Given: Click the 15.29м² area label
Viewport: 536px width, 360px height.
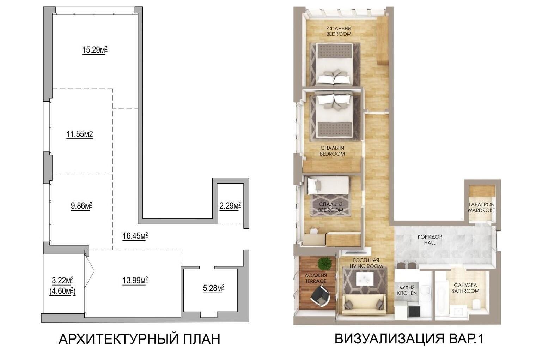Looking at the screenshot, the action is pyautogui.click(x=95, y=50).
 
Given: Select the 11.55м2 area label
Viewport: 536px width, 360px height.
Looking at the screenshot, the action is pyautogui.click(x=80, y=134).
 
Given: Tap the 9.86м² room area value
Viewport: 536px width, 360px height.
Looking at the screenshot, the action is pyautogui.click(x=81, y=206).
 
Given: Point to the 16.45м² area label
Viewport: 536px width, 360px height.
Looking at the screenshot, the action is pyautogui.click(x=135, y=236).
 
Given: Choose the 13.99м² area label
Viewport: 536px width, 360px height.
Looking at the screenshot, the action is pyautogui.click(x=135, y=280).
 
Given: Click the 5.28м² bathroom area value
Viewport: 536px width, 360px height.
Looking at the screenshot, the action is pyautogui.click(x=214, y=288).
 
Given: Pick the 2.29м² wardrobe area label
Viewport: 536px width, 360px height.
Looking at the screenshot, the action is pyautogui.click(x=230, y=206).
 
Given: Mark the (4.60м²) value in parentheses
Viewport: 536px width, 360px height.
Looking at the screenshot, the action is pyautogui.click(x=62, y=292).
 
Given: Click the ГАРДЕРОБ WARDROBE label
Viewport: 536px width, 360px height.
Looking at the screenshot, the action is pyautogui.click(x=481, y=208).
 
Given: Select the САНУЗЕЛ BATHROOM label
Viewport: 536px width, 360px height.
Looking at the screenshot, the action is pyautogui.click(x=465, y=288).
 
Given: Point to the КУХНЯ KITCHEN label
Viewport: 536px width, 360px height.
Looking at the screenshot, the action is pyautogui.click(x=407, y=290).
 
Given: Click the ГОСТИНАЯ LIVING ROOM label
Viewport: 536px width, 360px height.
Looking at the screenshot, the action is pyautogui.click(x=366, y=263).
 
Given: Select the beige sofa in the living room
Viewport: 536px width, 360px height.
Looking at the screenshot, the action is pyautogui.click(x=364, y=305).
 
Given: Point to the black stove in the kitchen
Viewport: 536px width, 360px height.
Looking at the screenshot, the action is pyautogui.click(x=414, y=311).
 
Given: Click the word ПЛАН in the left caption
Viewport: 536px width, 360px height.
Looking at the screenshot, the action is pyautogui.click(x=202, y=340).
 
